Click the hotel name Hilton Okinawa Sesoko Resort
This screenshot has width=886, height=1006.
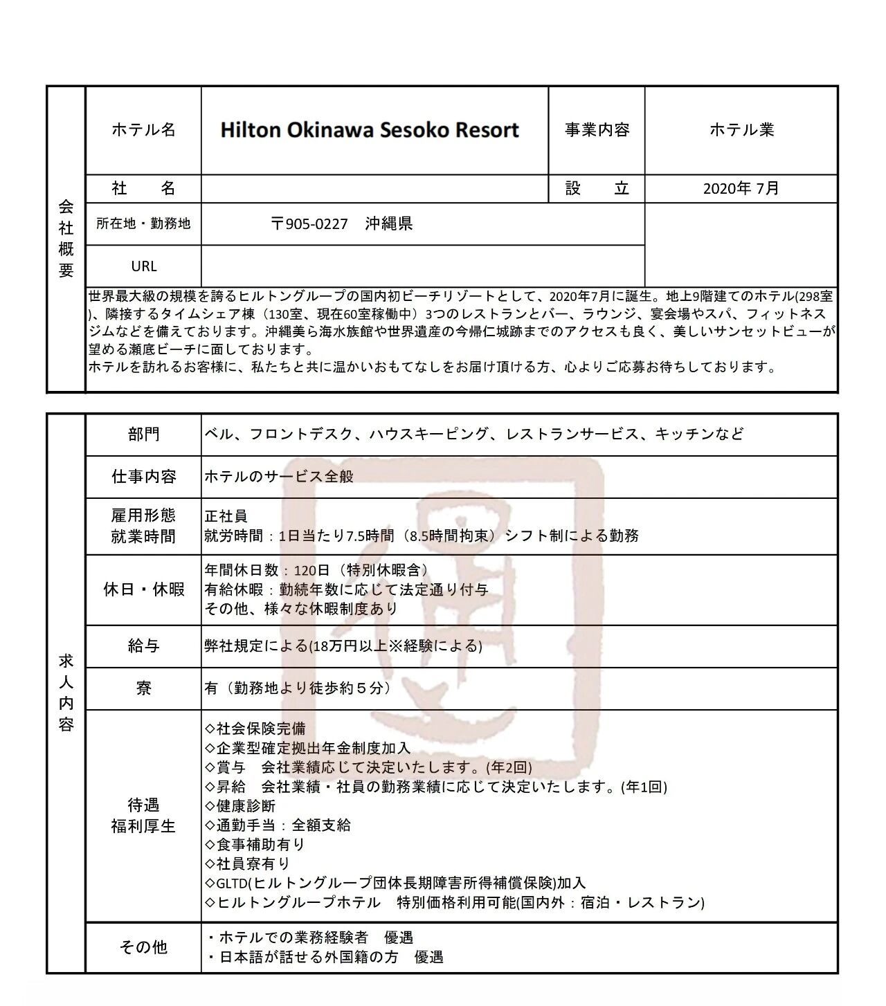point(370,130)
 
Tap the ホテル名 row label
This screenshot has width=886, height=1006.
point(143,130)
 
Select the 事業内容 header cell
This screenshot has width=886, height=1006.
point(597,130)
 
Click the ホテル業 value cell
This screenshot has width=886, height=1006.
point(741,130)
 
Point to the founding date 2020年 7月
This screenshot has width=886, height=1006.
point(741,188)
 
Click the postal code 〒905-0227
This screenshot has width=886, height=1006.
point(309,223)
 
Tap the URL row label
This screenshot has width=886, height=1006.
point(143,266)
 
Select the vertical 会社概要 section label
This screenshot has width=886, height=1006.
point(66,238)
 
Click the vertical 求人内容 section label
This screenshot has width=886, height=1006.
point(66,693)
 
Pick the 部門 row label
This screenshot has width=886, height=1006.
point(143,434)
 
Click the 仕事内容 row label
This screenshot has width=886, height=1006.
point(143,476)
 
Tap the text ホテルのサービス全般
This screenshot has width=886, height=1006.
point(279,477)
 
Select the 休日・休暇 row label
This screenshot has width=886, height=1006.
point(143,589)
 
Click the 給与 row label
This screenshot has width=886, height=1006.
point(143,646)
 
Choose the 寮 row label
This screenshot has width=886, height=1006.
point(143,688)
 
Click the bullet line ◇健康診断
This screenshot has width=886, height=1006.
point(240,806)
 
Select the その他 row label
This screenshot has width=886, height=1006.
point(143,946)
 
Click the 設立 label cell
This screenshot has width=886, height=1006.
point(597,188)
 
